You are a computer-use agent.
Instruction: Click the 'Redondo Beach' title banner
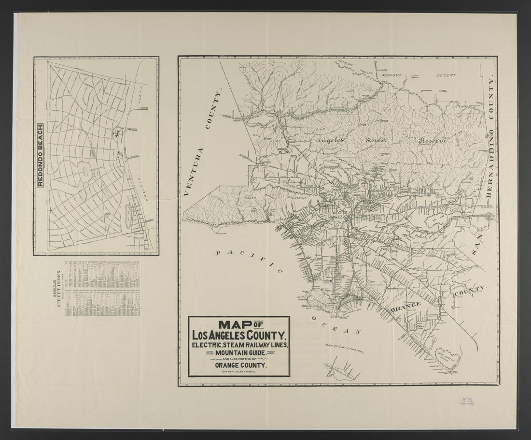41,156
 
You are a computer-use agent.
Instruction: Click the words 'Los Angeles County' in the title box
239,335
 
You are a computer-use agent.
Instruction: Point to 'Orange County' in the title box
239,366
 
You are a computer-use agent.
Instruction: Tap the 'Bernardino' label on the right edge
489,160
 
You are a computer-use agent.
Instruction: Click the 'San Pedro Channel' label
344,348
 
